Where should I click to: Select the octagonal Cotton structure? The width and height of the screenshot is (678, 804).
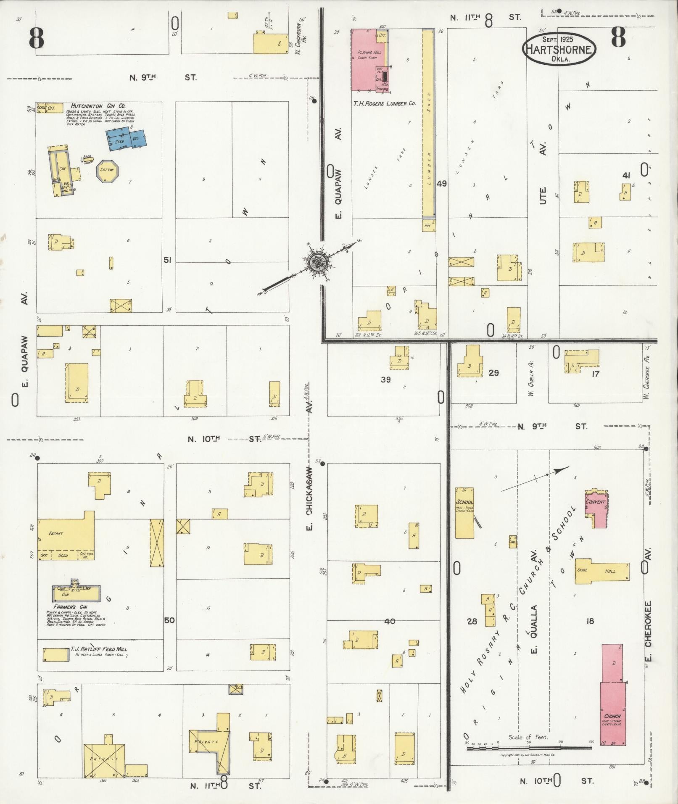108,170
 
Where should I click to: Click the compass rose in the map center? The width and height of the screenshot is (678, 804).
316,263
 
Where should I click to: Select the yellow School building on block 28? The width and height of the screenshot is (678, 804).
464,512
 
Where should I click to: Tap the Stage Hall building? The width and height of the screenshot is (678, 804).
602,571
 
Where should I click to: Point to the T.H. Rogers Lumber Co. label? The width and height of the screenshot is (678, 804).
384,103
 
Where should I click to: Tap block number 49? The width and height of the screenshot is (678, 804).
441,183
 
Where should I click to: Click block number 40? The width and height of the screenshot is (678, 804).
390,621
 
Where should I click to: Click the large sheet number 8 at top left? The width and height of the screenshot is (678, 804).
37,39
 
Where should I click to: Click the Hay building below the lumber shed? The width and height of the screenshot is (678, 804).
428,225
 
